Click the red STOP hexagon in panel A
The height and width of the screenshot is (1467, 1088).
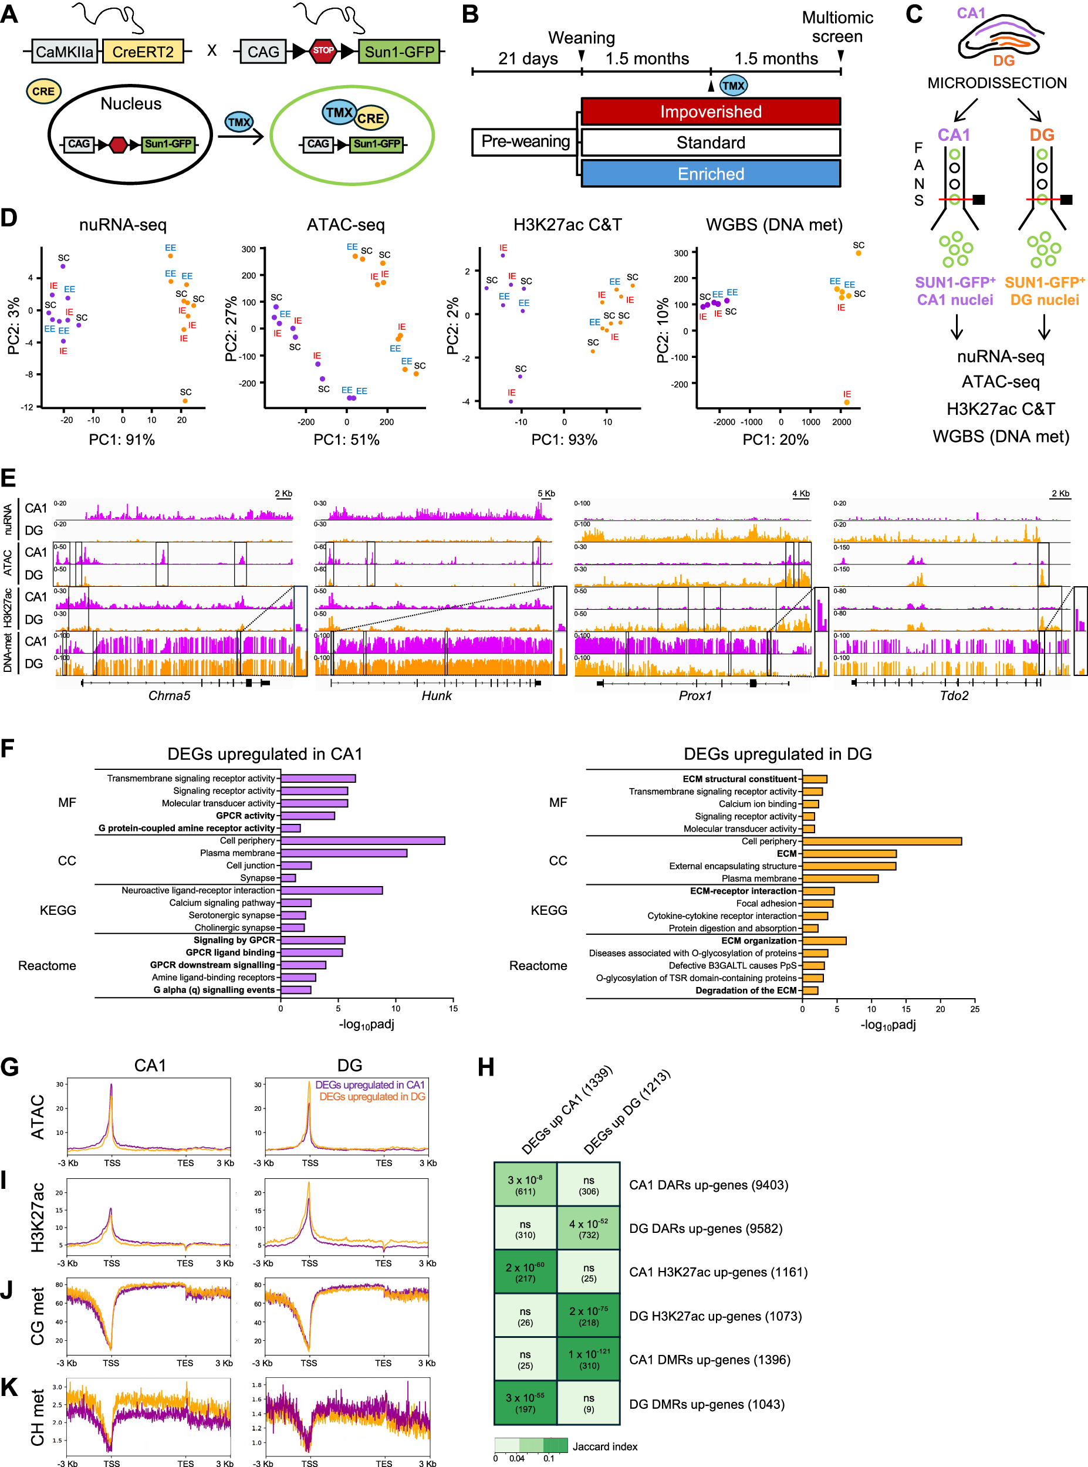click(323, 50)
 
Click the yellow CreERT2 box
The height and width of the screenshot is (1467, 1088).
click(143, 52)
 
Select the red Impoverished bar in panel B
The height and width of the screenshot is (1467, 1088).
click(711, 111)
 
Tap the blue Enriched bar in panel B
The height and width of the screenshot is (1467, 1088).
click(711, 174)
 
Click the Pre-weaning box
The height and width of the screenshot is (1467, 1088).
click(525, 141)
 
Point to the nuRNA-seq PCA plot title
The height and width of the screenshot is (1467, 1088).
click(123, 225)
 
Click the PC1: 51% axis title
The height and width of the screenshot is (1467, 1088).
click(346, 440)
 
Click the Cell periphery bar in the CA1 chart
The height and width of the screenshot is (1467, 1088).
click(362, 841)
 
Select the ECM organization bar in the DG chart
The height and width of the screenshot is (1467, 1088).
click(824, 941)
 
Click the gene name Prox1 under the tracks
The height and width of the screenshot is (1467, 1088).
click(695, 696)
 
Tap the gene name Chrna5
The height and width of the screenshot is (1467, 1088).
click(169, 696)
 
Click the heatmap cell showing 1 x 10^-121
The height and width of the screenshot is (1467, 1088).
click(589, 1359)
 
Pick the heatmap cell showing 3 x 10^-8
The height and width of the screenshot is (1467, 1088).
click(525, 1185)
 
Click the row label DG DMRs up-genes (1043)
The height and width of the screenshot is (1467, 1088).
click(706, 1404)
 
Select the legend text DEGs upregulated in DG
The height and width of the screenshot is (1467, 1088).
click(372, 1097)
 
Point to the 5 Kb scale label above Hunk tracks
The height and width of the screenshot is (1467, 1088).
click(546, 493)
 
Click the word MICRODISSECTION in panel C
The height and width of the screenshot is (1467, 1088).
click(996, 83)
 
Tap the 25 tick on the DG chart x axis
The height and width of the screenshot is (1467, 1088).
click(975, 1009)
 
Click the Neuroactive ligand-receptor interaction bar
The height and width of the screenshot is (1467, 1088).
click(332, 890)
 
